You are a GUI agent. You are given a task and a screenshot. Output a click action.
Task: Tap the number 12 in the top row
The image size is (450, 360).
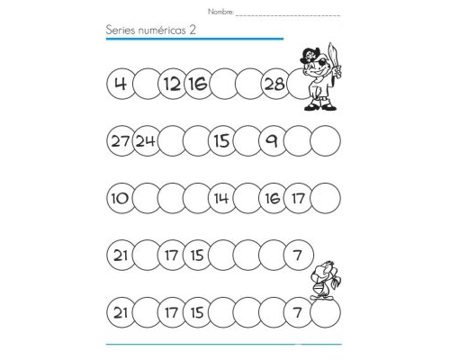171,85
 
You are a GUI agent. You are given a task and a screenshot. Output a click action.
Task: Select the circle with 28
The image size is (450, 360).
274,85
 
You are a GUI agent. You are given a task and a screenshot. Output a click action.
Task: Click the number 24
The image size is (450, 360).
146,140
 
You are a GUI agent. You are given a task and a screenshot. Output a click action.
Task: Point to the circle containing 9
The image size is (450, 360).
274,140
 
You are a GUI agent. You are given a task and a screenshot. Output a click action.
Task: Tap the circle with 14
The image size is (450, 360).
221,198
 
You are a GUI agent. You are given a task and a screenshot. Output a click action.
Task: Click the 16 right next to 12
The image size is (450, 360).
197,85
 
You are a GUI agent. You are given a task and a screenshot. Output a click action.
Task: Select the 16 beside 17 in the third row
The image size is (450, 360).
274,198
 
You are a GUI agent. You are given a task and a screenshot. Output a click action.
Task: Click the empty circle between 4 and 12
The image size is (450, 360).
146,85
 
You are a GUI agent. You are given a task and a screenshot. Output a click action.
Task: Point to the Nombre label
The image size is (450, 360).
220,12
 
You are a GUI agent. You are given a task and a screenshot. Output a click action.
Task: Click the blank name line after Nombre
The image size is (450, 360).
288,14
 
